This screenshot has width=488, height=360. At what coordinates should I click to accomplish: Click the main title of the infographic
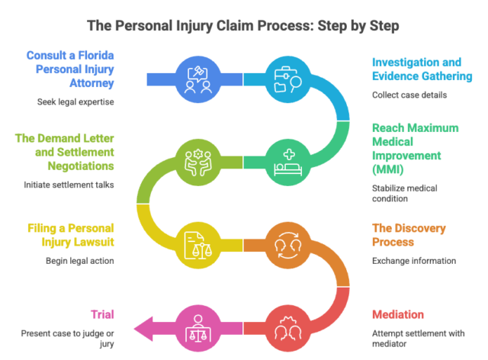[244, 25]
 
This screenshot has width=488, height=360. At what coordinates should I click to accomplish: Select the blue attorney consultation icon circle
[197, 78]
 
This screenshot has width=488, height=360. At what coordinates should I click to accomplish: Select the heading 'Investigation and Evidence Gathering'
[421, 70]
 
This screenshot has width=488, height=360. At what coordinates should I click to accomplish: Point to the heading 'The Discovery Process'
[408, 236]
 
